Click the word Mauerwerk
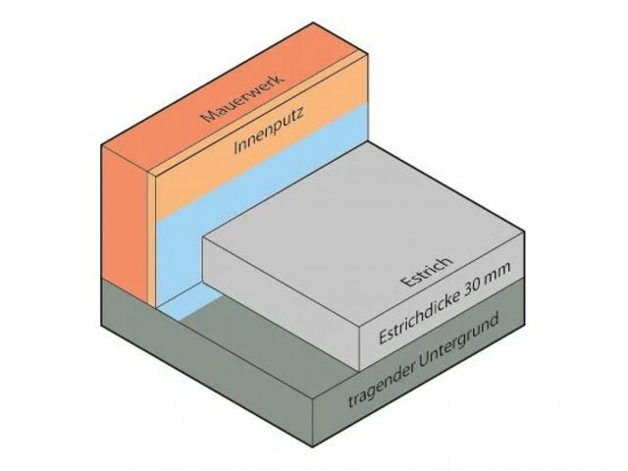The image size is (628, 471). (243, 97)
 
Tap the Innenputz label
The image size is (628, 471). (269, 131)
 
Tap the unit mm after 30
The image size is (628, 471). (497, 273)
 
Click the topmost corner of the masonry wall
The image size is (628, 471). (313, 24)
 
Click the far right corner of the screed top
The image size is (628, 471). (524, 231)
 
